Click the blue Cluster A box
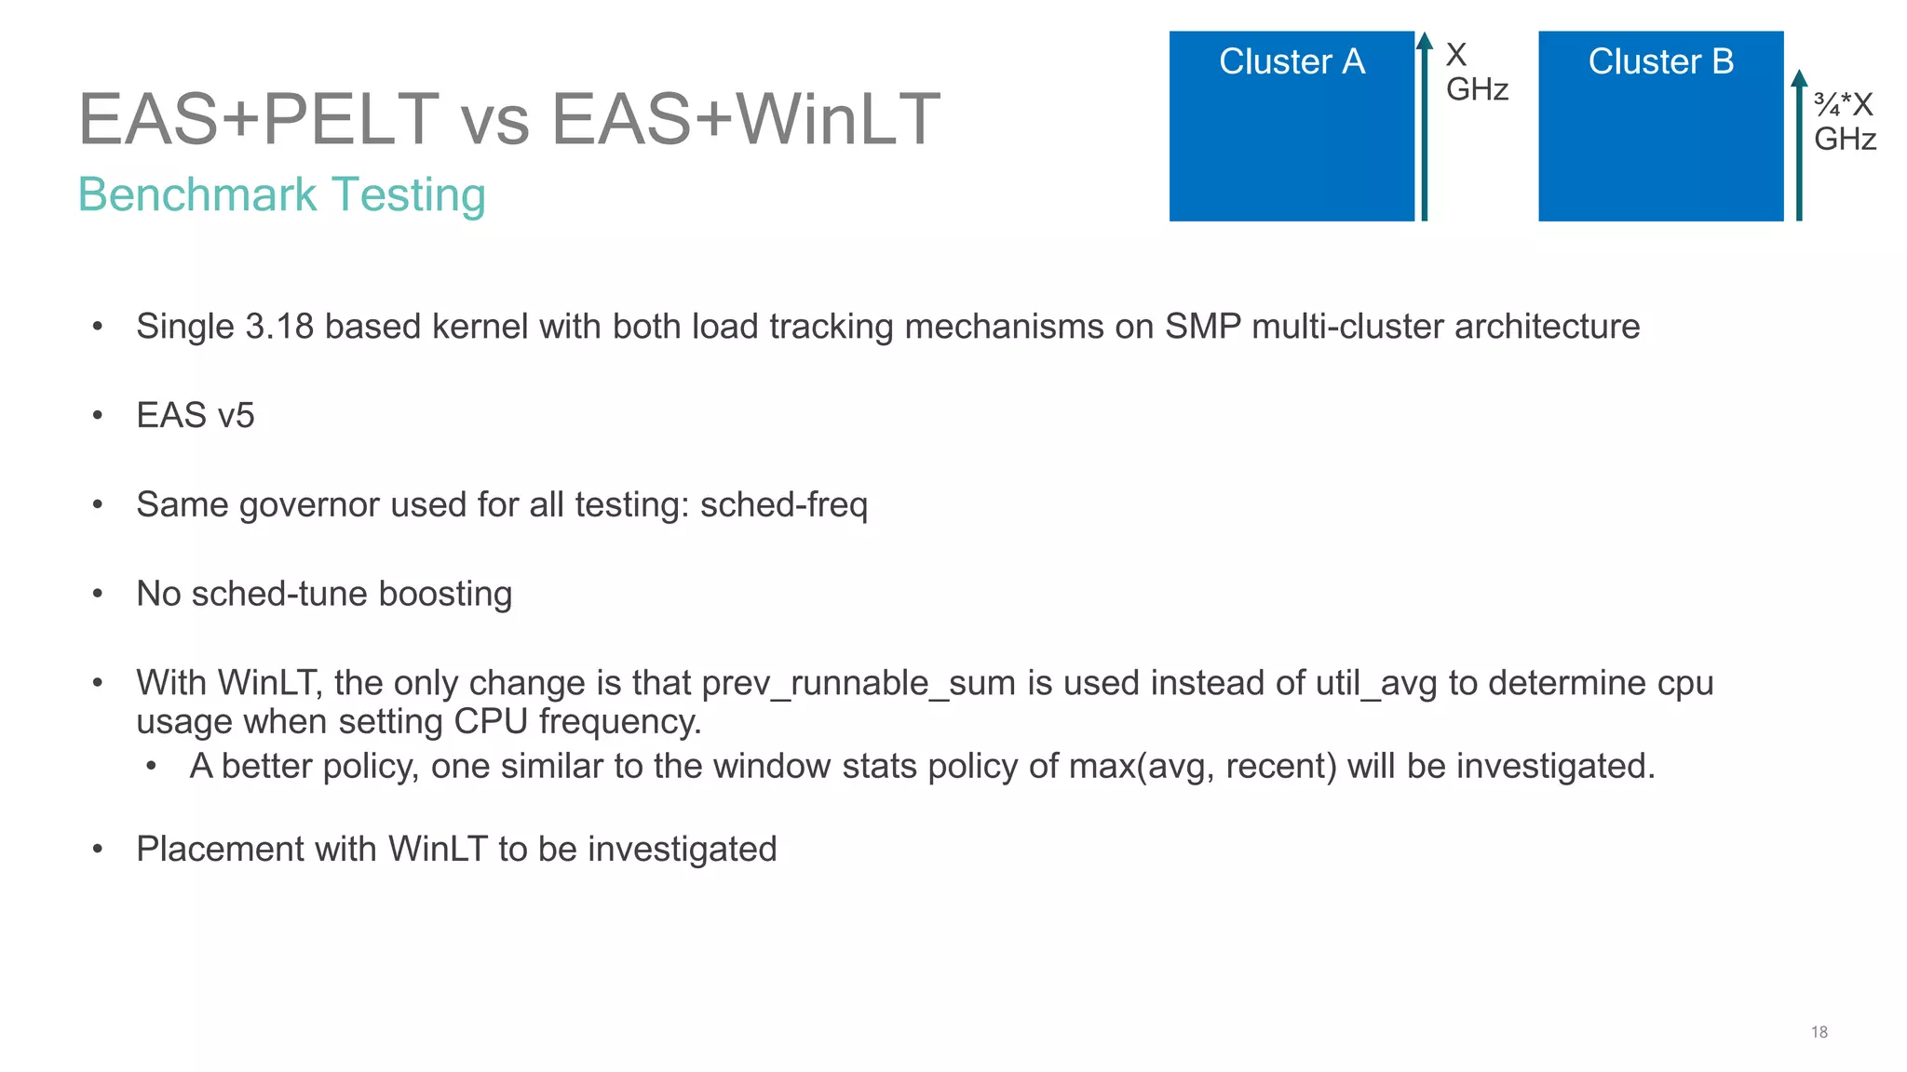(1292, 127)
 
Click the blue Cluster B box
(1660, 127)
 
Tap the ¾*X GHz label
(1844, 122)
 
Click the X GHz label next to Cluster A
(1476, 72)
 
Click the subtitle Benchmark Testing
(281, 195)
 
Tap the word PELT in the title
(351, 120)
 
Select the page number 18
(1819, 1032)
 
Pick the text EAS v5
(195, 415)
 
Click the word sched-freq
(783, 504)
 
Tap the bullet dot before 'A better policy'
(151, 767)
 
